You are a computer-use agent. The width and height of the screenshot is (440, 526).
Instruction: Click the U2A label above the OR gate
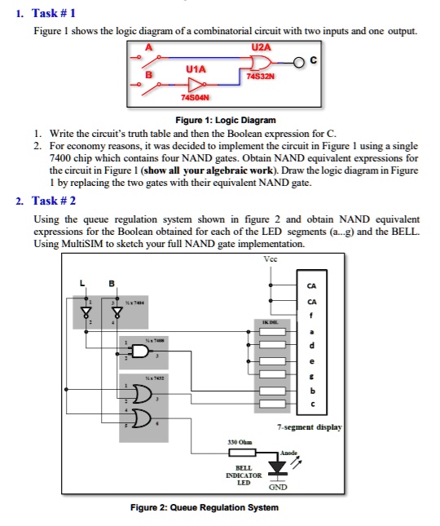(260, 47)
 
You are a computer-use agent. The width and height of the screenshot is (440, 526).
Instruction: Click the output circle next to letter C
(299, 62)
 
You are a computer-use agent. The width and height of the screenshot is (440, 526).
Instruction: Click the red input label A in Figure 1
(148, 47)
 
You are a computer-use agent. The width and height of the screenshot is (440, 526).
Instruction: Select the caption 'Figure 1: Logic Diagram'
(219, 119)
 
